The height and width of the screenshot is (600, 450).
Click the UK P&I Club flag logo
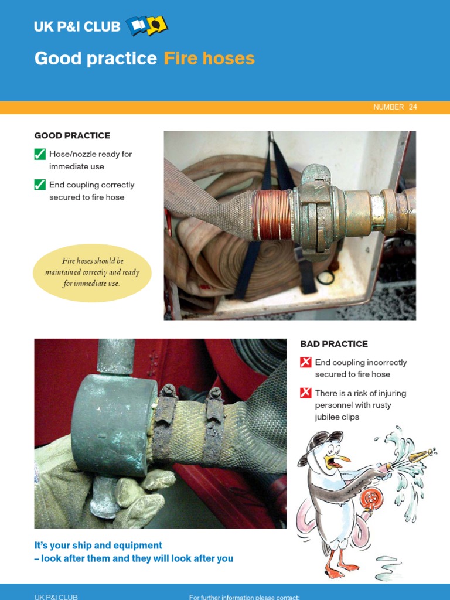click(146, 26)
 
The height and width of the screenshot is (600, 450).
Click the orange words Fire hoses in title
click(209, 59)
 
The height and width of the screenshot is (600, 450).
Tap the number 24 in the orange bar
click(413, 107)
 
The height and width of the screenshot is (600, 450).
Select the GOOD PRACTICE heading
click(72, 135)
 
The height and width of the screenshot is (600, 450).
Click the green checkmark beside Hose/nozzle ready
click(40, 155)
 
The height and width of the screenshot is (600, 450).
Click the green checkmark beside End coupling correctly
click(40, 185)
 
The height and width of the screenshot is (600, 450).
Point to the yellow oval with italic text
click(92, 272)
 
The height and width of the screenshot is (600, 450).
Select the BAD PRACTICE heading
click(334, 344)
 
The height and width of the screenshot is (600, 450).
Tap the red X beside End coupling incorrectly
click(305, 363)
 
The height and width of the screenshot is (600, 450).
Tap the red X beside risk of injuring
click(305, 393)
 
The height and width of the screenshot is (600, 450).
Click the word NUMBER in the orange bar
click(388, 107)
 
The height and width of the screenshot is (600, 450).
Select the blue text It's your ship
click(98, 546)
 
